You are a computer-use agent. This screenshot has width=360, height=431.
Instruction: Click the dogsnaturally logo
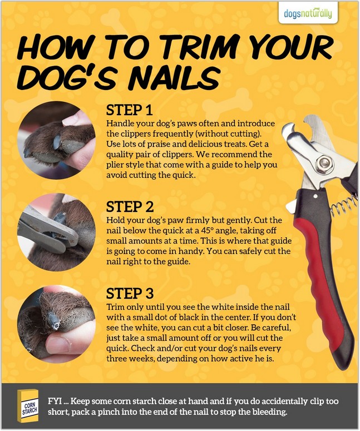308,13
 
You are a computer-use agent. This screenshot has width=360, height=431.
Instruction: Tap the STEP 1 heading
129,110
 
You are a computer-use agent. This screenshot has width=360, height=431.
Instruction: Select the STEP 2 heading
130,207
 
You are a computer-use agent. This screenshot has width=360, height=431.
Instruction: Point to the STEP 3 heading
130,293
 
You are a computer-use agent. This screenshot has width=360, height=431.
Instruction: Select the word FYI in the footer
55,402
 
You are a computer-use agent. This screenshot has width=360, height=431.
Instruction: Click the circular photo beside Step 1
56,140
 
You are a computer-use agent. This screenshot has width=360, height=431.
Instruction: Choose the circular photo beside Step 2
56,232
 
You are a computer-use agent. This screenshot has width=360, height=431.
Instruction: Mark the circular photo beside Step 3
56,324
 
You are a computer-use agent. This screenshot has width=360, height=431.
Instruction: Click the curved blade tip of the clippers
288,129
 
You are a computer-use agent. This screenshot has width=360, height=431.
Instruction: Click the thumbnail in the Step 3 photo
58,344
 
